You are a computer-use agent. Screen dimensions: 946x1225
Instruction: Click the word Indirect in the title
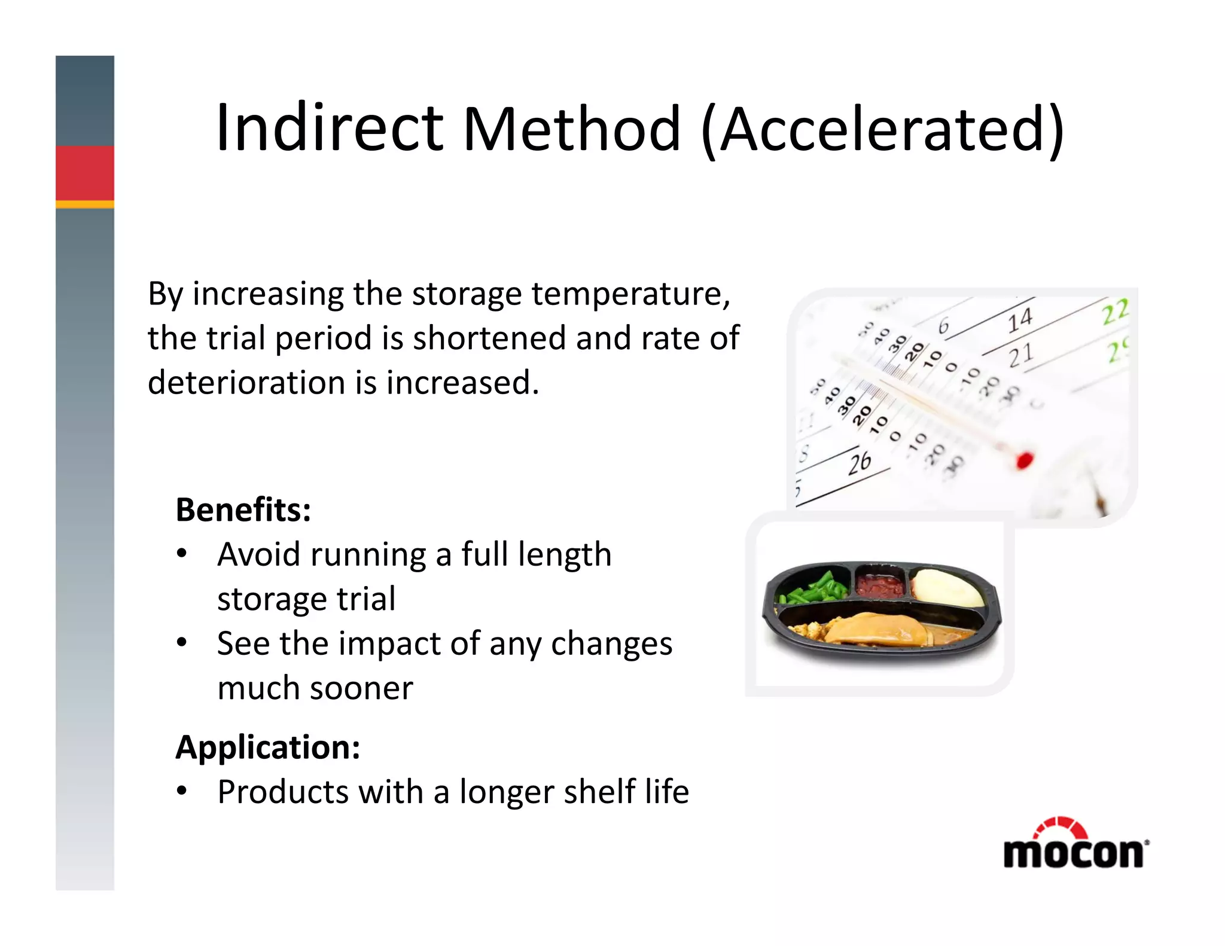point(329,129)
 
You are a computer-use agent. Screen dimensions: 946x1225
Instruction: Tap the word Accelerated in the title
point(882,129)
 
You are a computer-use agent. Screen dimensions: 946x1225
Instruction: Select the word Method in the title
point(571,129)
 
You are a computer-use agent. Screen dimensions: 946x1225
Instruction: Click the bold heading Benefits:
point(243,510)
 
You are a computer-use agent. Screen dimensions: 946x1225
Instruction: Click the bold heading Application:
point(268,747)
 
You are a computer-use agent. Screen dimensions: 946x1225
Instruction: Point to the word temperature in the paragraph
point(630,294)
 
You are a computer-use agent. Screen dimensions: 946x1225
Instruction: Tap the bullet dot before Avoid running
point(182,554)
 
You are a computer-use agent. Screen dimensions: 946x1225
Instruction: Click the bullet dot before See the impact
point(182,643)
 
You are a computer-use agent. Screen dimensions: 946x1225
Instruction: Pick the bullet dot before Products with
point(182,791)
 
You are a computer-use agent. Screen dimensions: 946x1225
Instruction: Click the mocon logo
point(1075,844)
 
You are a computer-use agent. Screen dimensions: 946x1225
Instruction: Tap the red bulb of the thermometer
point(1024,460)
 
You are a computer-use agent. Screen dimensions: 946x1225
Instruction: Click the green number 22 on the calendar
point(1115,312)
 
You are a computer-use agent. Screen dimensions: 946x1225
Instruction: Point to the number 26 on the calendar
point(860,463)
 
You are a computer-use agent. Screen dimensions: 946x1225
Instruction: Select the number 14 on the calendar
point(1020,320)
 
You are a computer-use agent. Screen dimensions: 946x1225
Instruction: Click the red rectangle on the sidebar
point(85,173)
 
